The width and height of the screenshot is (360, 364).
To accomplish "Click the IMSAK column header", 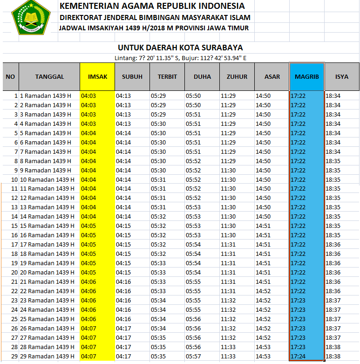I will tap(97, 76).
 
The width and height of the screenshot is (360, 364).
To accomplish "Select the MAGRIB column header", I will tap(306, 76).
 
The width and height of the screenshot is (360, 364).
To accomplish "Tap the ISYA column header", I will tap(341, 76).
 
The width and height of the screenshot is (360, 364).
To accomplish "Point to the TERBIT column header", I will tap(167, 76).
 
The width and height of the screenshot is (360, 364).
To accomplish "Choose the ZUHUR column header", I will tap(237, 76).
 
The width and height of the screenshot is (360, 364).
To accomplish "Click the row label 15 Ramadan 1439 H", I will tap(49, 226).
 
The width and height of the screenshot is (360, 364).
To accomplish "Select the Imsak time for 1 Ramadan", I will tap(88, 96).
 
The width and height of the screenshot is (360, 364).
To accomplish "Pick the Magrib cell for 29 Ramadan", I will tap(298, 357).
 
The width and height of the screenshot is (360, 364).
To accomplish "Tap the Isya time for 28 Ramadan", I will tap(333, 347).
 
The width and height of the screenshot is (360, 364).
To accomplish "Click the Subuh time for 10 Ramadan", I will tap(123, 179).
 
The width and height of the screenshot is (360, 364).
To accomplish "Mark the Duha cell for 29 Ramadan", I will tap(193, 357).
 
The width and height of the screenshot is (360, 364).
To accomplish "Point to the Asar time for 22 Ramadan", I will tap(263, 291).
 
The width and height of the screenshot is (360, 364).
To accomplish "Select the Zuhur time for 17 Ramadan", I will tap(228, 245).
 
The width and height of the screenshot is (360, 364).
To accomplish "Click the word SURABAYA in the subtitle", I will tap(220, 48).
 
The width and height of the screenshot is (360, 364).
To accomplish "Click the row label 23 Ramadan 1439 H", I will tap(49, 301).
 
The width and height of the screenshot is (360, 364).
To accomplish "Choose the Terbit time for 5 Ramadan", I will tap(158, 133).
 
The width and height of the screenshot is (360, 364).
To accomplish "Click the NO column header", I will tap(10, 76).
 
